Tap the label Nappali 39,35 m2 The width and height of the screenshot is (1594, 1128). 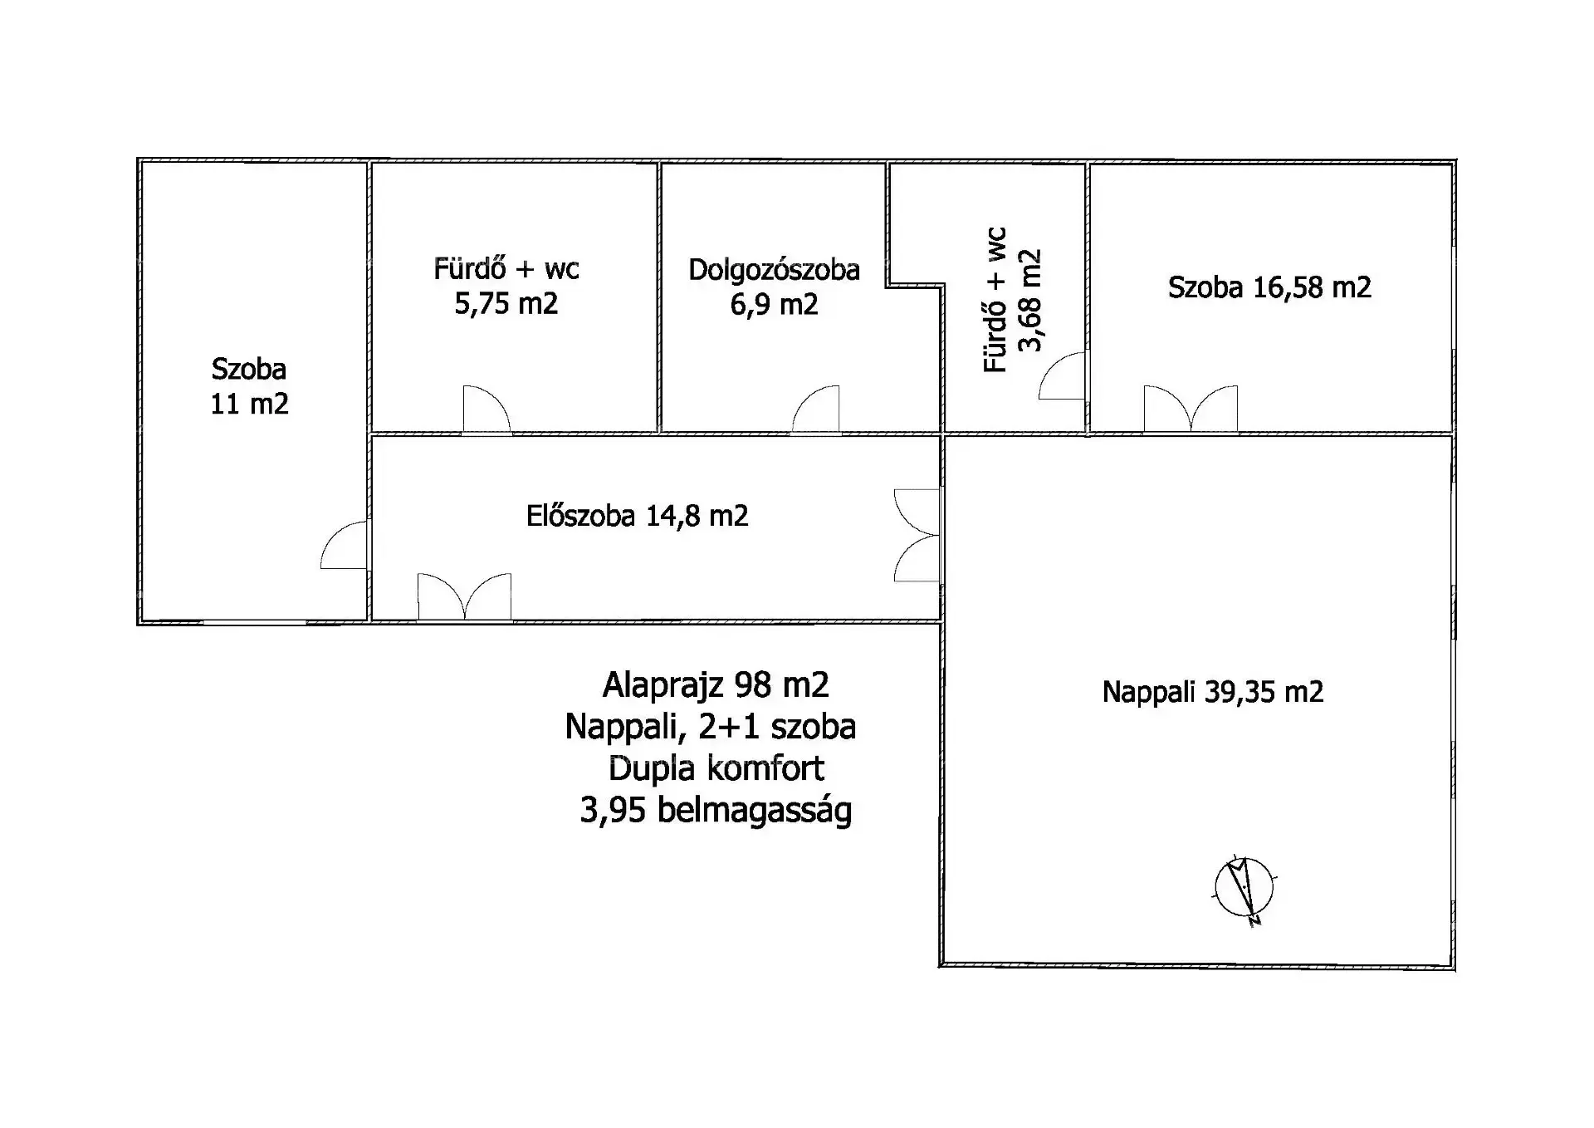pos(1213,692)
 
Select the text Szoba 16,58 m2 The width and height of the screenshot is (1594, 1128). pos(1269,287)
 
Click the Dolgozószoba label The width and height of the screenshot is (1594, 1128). pos(774,271)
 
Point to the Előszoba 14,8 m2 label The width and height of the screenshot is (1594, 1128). pos(637,516)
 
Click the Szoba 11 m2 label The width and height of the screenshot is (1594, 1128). pos(249,386)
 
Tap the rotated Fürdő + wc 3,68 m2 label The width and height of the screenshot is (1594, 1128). pos(1012,300)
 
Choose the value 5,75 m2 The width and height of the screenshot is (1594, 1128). pos(506,304)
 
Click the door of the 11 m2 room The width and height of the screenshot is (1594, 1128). pos(344,545)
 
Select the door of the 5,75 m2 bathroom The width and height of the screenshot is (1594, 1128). pos(487,410)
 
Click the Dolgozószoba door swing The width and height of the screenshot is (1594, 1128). pos(815,410)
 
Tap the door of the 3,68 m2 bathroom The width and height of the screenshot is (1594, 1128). pos(1062,375)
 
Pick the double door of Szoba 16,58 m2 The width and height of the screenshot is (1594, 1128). pos(1191,410)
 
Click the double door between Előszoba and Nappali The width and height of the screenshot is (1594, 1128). pos(917,535)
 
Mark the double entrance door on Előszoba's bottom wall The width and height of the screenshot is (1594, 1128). pos(464,596)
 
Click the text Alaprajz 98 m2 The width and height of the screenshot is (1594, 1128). pos(716,685)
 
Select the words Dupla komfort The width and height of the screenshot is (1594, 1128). pos(716,768)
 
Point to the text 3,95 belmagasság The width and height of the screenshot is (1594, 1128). pos(716,811)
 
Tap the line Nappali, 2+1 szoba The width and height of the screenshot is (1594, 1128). pos(711,727)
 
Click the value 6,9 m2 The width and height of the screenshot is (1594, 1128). pos(774,305)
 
